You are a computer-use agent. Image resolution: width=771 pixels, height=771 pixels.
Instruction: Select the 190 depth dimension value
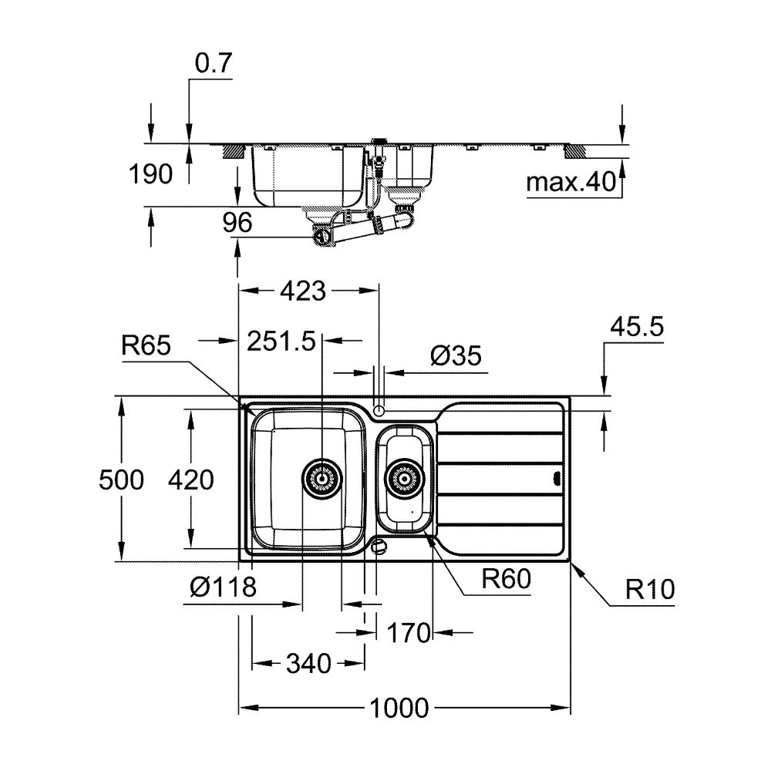[x=152, y=175]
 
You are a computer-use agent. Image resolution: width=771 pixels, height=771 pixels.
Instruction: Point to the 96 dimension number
[x=237, y=224]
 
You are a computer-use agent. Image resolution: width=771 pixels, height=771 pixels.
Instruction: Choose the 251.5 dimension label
[x=281, y=342]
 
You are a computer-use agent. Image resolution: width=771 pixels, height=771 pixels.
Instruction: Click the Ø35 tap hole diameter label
[x=456, y=355]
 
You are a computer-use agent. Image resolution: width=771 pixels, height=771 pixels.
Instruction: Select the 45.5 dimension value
[x=637, y=327]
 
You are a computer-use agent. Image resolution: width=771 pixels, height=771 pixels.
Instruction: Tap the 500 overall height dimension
[x=121, y=480]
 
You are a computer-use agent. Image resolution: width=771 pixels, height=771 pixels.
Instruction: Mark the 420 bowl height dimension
[x=190, y=480]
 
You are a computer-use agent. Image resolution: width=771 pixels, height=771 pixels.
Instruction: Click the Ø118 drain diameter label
[x=223, y=588]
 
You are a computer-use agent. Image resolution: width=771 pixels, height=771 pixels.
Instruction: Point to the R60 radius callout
[x=506, y=579]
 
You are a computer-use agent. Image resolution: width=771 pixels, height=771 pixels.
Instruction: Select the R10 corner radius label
[x=650, y=591]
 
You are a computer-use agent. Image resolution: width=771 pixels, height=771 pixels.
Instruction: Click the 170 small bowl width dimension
[x=409, y=634]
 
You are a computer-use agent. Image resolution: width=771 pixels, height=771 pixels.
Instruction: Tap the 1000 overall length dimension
[x=399, y=707]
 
